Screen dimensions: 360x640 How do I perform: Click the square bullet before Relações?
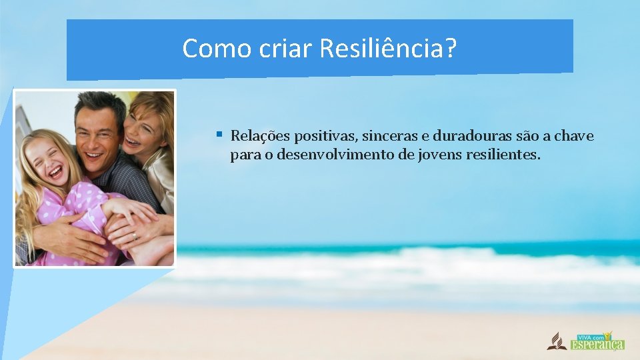pyautogui.click(x=219, y=135)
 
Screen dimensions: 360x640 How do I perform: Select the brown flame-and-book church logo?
pyautogui.click(x=554, y=341)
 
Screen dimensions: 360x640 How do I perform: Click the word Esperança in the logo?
pyautogui.click(x=597, y=344)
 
